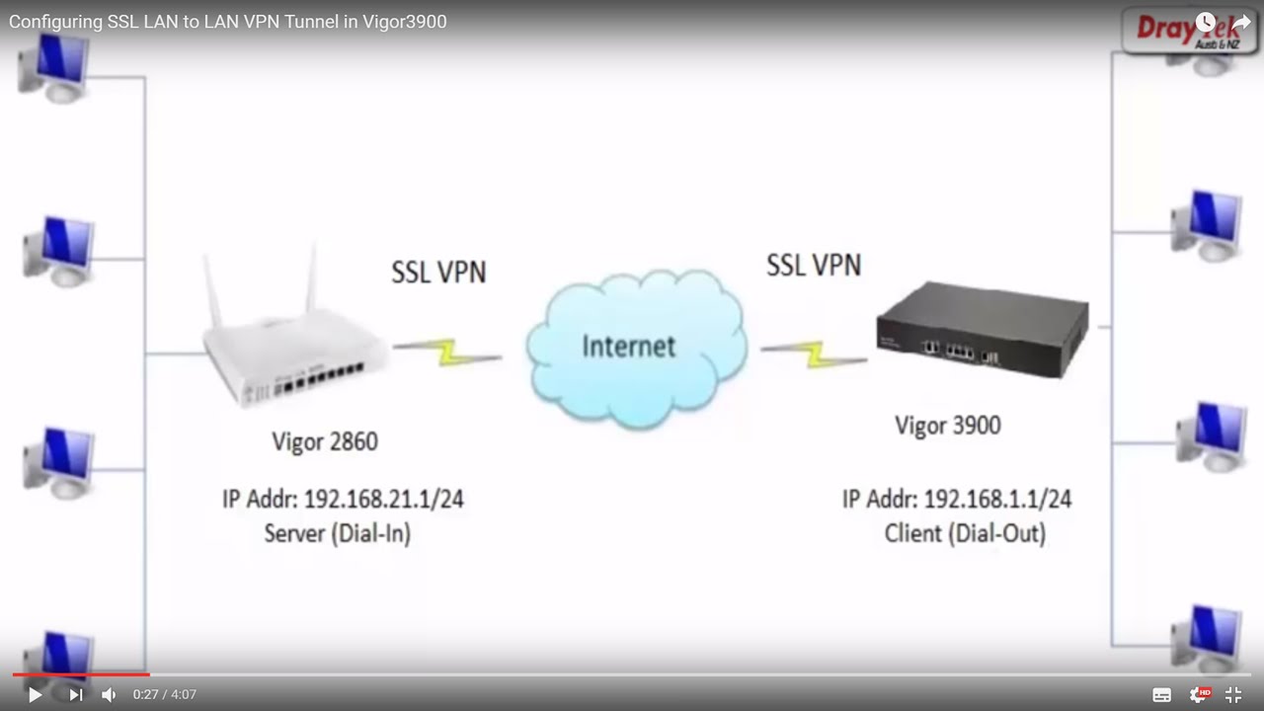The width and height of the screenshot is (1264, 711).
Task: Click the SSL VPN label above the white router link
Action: point(438,272)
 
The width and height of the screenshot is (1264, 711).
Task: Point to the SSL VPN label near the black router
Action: point(814,265)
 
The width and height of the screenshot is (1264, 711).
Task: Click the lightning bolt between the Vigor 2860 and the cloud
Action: point(447,352)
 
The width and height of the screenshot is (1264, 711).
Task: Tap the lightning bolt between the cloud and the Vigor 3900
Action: point(814,353)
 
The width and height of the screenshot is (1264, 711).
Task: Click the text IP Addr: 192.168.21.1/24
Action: point(343,499)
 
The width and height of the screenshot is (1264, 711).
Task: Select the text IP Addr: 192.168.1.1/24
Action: point(956,499)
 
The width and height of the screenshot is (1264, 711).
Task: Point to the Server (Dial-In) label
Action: point(337,533)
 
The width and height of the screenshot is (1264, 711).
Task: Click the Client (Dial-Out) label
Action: point(964,533)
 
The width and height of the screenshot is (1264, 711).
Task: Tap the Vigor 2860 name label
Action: point(325,441)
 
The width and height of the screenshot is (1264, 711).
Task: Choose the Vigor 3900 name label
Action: point(947,426)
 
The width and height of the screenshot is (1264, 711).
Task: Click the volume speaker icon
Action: point(109,694)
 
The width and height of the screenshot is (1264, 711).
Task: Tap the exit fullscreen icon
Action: point(1233,694)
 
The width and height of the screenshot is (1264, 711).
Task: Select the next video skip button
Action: point(75,694)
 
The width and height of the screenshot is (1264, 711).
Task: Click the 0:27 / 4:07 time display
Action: point(165,694)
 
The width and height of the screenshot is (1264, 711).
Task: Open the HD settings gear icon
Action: point(1200,694)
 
